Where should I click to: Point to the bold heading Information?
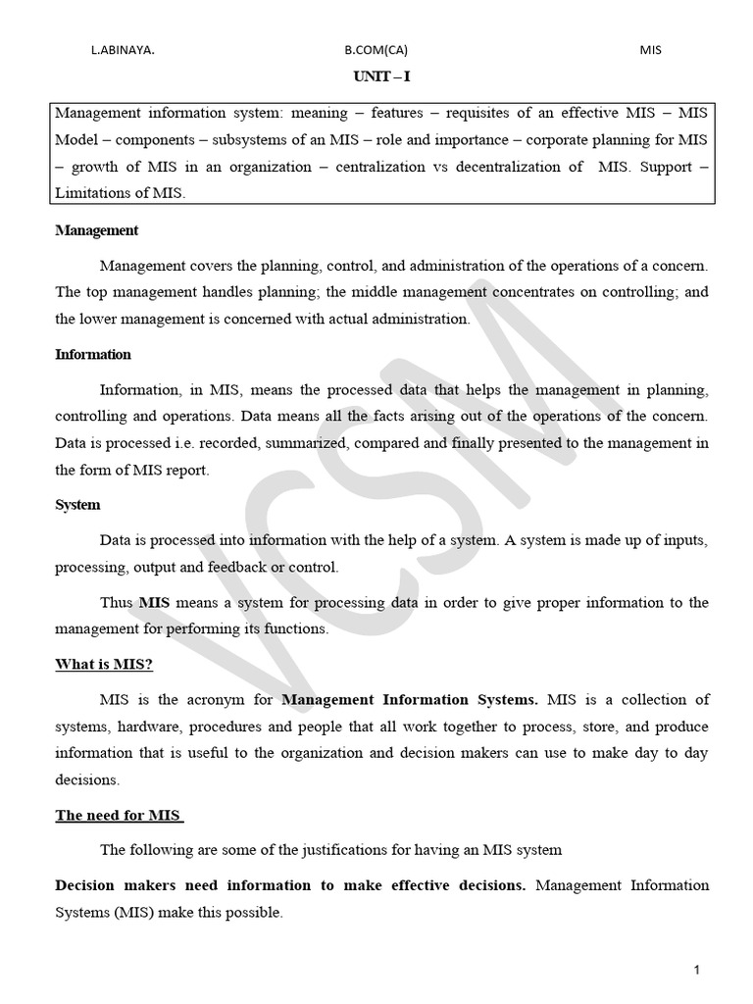coord(93,354)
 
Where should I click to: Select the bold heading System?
coord(77,505)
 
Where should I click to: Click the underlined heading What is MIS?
coord(104,664)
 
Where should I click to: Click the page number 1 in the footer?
coord(696,971)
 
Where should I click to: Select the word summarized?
coord(302,442)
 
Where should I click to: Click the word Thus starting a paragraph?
coord(117,602)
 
